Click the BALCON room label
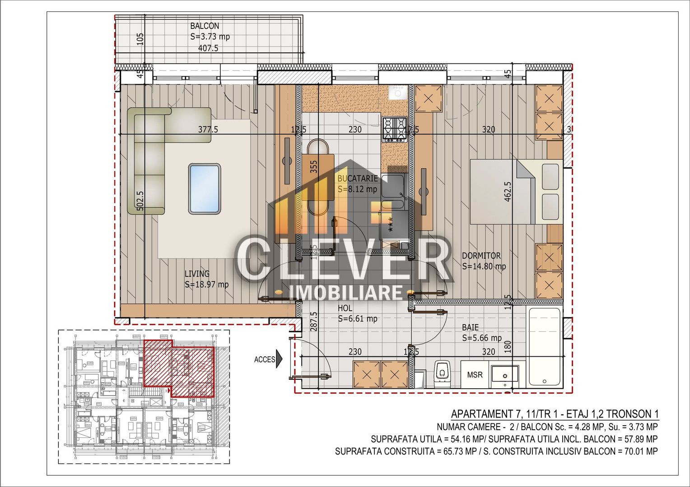205,26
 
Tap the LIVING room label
197,274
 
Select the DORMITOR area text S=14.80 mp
484,266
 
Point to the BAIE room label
470,327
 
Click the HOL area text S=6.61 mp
358,319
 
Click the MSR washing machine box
475,375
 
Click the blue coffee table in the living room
205,188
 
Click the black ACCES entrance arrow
279,359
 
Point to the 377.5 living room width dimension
208,130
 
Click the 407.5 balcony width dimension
208,48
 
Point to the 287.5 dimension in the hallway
314,321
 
